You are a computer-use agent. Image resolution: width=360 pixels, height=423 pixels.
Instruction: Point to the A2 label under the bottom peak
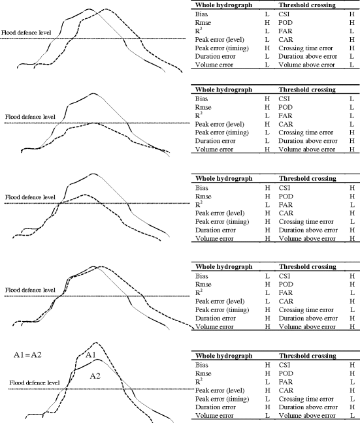[95, 375]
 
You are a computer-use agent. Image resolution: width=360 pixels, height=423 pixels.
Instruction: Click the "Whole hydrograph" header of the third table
[226, 177]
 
